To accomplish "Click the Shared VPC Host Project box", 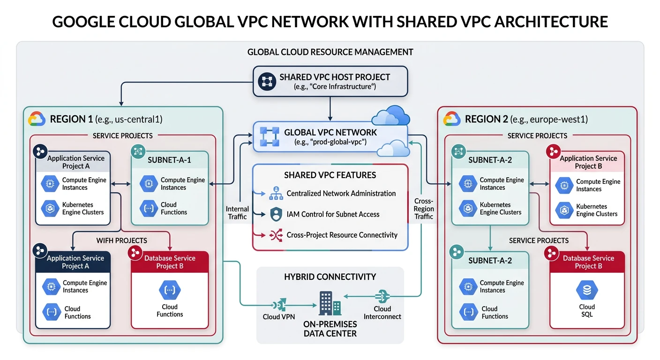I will [330, 81].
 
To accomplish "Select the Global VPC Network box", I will [330, 136].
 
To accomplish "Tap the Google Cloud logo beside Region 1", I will [37, 119].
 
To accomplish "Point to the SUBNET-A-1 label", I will [169, 160].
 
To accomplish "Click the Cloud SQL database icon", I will [587, 291].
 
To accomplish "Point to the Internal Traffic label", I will [237, 212].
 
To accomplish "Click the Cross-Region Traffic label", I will [424, 209].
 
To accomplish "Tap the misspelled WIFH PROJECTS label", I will [122, 240].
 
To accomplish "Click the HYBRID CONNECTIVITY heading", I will [330, 277].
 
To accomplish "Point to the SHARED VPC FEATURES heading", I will [330, 175].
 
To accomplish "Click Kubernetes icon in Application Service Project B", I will [563, 210].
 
